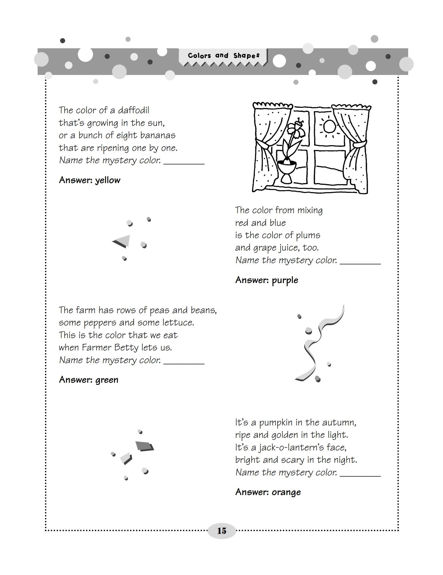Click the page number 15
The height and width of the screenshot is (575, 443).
pyautogui.click(x=221, y=531)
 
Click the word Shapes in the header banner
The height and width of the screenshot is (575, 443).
pyautogui.click(x=246, y=56)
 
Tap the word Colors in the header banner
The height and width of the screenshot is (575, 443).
pyautogui.click(x=199, y=56)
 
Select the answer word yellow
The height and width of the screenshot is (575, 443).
pyautogui.click(x=108, y=180)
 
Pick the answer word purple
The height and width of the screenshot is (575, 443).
pyautogui.click(x=285, y=280)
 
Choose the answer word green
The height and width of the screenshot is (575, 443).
pyautogui.click(x=107, y=380)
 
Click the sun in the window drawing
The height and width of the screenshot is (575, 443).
pyautogui.click(x=329, y=126)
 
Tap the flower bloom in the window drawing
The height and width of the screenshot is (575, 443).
pyautogui.click(x=296, y=129)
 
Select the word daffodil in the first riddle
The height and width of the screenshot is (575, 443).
pyautogui.click(x=133, y=110)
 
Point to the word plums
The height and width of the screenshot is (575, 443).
pyautogui.click(x=308, y=235)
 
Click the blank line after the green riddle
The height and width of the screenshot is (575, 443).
pyautogui.click(x=184, y=363)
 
